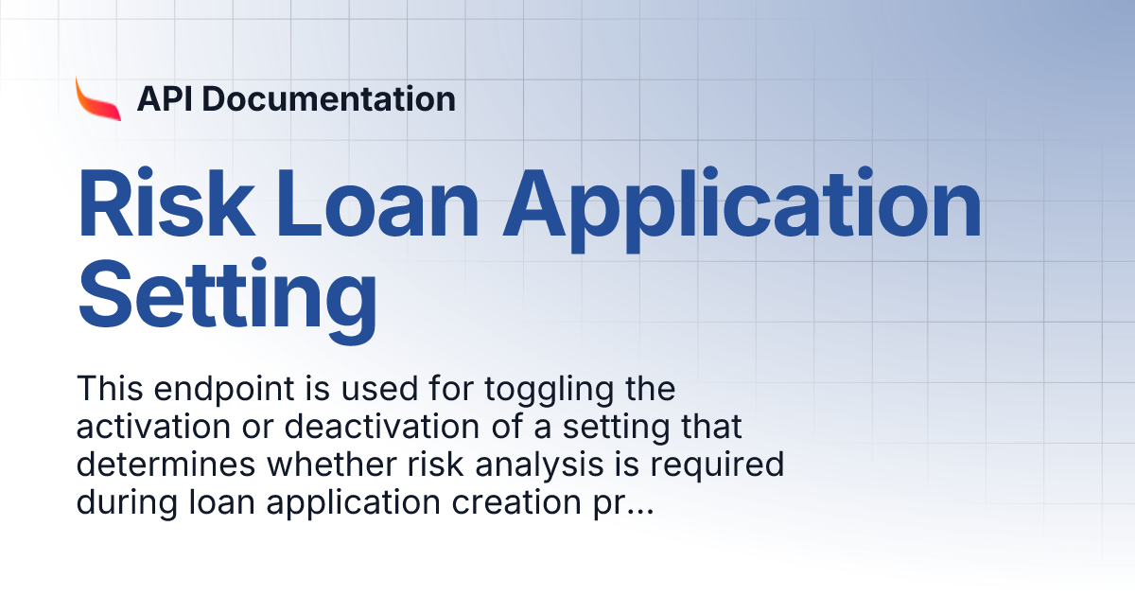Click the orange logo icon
click(x=98, y=98)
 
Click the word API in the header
click(x=165, y=98)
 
